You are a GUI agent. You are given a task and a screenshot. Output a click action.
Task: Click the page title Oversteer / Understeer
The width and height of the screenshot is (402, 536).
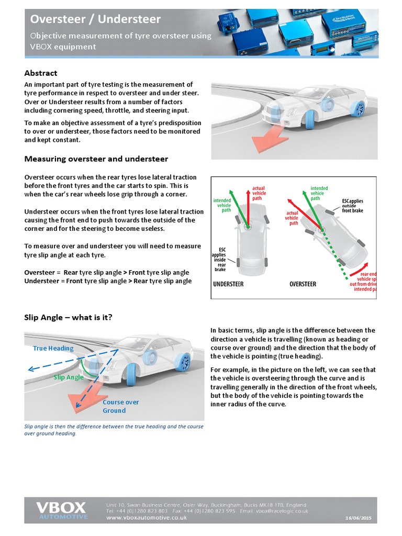click(x=95, y=19)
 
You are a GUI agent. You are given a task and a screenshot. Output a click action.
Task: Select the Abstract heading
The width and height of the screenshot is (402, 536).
click(x=41, y=73)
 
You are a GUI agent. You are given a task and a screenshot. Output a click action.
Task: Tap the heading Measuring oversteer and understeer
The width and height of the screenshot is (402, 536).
click(x=96, y=159)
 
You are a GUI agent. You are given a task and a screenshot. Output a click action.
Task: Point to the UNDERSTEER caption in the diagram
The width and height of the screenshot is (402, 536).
click(x=228, y=284)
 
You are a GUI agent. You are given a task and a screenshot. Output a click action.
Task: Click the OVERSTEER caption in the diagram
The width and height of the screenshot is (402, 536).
click(x=303, y=284)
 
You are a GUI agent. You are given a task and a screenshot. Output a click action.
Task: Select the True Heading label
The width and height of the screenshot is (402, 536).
click(x=53, y=348)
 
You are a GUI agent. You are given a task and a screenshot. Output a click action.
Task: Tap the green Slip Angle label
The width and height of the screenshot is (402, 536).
click(x=69, y=377)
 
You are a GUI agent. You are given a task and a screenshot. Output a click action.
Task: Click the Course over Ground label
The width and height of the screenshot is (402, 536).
click(x=120, y=406)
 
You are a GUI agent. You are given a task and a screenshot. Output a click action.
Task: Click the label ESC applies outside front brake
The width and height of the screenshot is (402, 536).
click(x=352, y=205)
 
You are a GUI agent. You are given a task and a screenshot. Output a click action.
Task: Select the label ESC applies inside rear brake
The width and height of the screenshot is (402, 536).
click(x=219, y=258)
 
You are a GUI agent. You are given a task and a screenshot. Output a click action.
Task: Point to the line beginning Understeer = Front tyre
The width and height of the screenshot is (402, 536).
click(x=108, y=281)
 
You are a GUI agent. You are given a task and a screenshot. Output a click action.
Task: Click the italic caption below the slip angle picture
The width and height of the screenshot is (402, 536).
click(x=114, y=430)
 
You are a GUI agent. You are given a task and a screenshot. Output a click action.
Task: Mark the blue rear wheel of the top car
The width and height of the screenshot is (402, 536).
click(x=359, y=109)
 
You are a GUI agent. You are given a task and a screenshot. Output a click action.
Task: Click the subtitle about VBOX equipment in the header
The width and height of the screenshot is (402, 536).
click(x=120, y=41)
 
